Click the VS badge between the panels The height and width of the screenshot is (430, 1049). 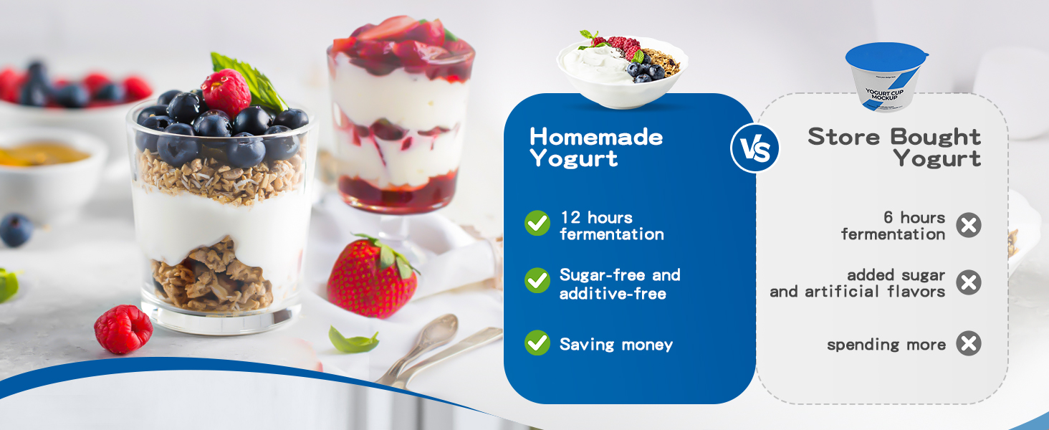coord(755,148)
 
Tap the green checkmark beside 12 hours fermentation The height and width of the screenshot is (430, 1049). coord(537,223)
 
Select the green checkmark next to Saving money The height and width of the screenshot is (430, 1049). coord(537,343)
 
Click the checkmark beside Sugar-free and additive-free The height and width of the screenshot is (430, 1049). coord(537,280)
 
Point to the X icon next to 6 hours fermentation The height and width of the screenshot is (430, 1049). coord(969,226)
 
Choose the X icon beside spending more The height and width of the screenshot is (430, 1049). coord(969,343)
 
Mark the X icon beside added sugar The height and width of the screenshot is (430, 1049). coord(969,282)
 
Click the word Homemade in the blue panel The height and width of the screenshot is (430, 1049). coord(596,136)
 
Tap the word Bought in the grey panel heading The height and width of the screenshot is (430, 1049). coord(937,136)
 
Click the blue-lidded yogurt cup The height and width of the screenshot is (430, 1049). coord(886,77)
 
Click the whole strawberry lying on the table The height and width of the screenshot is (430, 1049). coord(370,279)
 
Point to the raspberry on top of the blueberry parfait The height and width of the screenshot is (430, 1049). coord(226,92)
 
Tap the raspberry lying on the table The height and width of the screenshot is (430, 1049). coord(123,329)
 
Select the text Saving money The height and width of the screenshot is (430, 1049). coord(615,345)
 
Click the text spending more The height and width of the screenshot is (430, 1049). coord(886,345)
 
